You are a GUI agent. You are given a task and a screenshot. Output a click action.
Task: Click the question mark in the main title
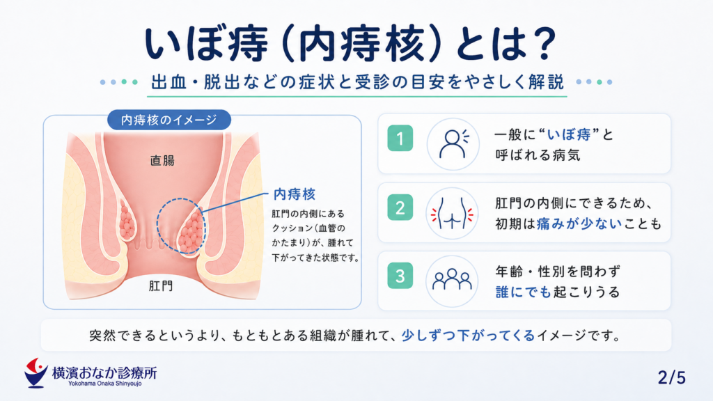click(x=542, y=43)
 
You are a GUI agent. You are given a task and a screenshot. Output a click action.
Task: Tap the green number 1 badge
click(x=400, y=138)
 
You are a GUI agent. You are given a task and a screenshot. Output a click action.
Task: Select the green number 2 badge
click(x=400, y=207)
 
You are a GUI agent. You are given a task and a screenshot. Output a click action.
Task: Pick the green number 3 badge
click(x=400, y=276)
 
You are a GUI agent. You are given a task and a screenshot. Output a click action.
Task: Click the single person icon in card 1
click(x=453, y=144)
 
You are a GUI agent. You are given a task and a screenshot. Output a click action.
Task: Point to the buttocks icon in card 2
click(x=452, y=213)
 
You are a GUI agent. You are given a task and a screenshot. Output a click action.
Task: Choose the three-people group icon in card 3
click(x=452, y=280)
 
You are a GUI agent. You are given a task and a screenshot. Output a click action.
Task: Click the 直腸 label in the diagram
click(x=162, y=161)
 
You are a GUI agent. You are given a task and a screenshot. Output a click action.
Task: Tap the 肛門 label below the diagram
click(x=161, y=286)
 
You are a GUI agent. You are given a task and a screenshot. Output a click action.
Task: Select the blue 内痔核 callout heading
click(x=295, y=195)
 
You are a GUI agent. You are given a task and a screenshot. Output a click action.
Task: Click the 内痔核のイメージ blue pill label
click(x=169, y=120)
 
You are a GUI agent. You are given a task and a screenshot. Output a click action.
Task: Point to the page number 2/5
click(x=672, y=377)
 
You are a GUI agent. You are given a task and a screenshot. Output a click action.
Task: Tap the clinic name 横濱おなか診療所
click(x=104, y=373)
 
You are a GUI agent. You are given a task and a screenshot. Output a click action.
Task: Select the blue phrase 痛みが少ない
click(x=579, y=223)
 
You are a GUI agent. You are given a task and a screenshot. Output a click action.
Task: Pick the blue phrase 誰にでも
click(x=524, y=292)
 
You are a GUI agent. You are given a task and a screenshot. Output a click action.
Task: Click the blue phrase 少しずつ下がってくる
click(x=469, y=336)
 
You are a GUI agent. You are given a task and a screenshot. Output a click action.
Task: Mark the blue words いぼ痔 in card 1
click(x=568, y=134)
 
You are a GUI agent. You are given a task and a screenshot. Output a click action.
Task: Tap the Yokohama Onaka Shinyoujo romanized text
click(x=105, y=384)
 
